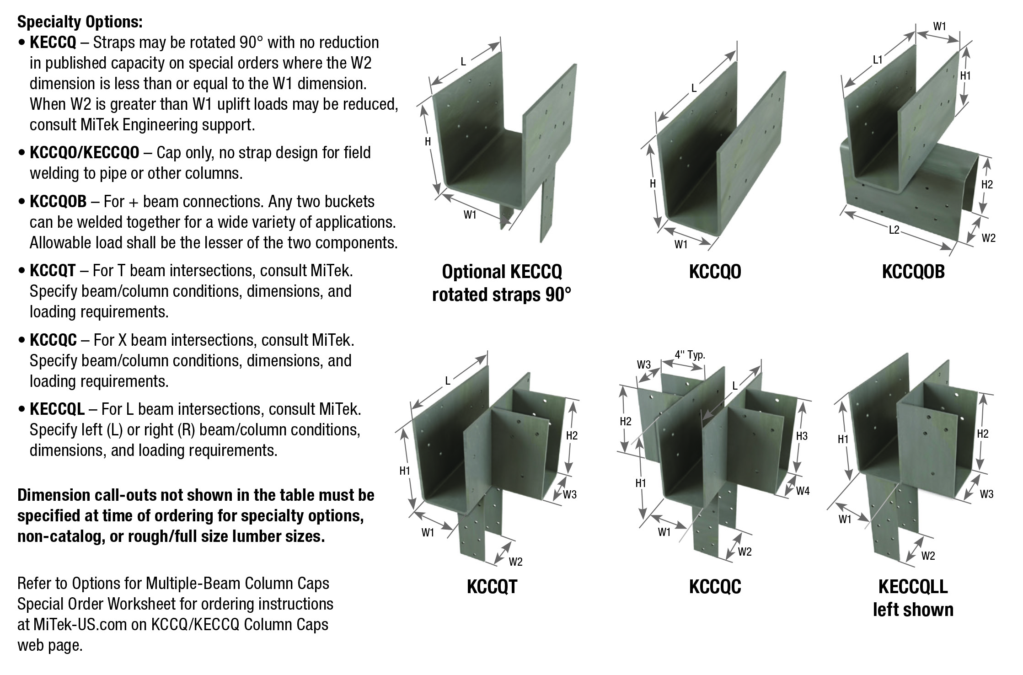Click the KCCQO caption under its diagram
tap(715, 272)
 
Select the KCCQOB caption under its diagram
tap(913, 272)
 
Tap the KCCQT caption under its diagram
tap(492, 587)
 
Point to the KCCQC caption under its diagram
tap(715, 587)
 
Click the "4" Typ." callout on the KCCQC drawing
tap(690, 354)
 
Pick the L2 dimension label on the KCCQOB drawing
tap(894, 230)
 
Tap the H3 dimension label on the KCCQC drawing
tap(802, 436)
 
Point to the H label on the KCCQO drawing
tap(653, 184)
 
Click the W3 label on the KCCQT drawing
tap(569, 494)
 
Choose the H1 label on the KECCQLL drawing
tap(843, 439)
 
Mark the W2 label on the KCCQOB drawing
tap(988, 238)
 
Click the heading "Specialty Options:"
tap(80, 21)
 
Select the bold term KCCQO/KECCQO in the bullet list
tap(84, 152)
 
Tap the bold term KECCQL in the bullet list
tap(57, 409)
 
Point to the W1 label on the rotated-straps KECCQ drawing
tap(470, 214)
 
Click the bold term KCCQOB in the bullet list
tap(58, 201)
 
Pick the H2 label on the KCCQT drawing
tap(572, 436)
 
